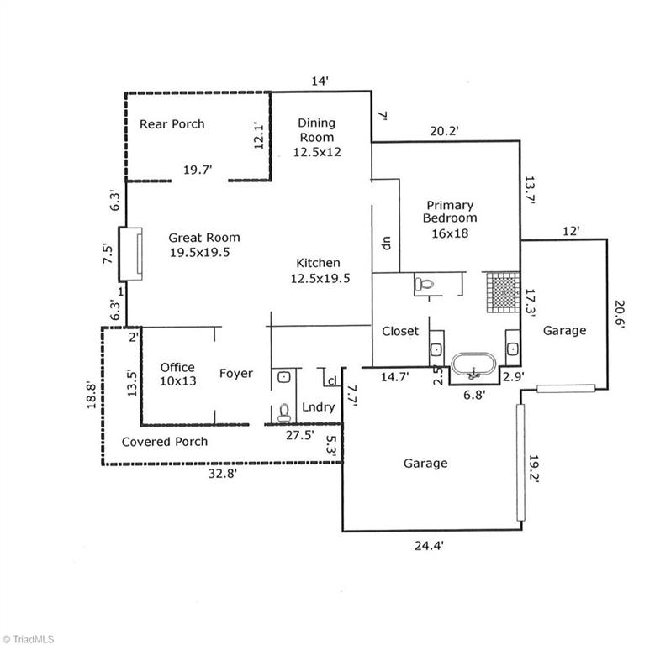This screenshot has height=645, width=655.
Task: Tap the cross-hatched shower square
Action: pos(502,293)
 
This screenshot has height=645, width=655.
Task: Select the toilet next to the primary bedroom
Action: pos(425,286)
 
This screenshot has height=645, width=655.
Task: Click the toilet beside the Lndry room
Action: pos(284,411)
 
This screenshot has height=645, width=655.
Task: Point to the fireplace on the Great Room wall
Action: pos(129,253)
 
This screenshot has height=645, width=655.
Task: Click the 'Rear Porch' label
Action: pos(172,123)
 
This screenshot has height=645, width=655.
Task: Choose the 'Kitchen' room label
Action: pos(316,270)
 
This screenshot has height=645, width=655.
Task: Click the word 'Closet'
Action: pos(400,331)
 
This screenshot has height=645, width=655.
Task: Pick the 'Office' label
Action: pos(177,374)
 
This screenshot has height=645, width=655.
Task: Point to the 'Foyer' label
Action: pos(236,373)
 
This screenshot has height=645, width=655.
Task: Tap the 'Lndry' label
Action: pos(319,407)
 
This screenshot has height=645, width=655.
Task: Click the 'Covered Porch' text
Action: pos(165,441)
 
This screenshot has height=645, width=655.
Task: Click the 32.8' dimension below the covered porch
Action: pos(222,473)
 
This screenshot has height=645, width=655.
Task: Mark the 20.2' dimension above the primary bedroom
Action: pos(443,131)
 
